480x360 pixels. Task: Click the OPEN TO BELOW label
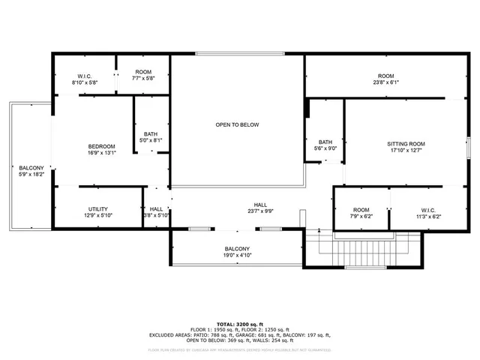237,124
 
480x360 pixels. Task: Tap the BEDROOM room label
101,146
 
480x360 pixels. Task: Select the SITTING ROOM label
406,143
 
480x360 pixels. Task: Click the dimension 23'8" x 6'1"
385,83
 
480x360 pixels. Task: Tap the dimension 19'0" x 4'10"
237,256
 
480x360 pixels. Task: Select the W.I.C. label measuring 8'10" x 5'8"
84,83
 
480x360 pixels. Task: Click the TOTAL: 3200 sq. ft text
239,322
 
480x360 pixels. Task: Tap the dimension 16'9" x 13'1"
101,153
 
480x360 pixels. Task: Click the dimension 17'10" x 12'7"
406,150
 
